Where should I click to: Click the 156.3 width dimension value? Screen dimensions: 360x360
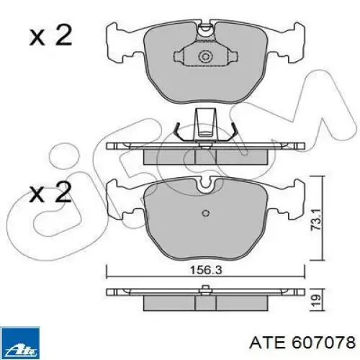206,270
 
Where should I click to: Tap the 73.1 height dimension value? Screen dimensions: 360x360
315,220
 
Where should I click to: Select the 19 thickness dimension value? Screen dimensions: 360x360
316,300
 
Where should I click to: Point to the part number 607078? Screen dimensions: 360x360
323,342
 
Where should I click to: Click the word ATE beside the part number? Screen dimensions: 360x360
267,342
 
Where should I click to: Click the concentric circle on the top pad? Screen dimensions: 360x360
206,57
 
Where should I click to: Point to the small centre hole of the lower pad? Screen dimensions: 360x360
206,213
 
